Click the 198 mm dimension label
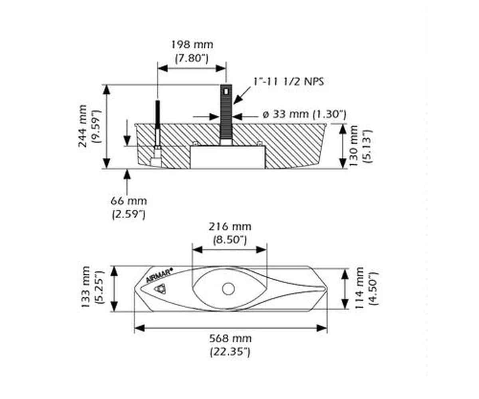point(192,44)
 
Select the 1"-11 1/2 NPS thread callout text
point(289,82)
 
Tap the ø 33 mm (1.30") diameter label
point(304,114)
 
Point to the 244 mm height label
point(83,126)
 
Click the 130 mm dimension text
point(353,146)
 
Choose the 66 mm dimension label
point(129,201)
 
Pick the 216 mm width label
point(230,227)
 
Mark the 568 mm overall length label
point(230,338)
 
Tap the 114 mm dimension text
point(359,288)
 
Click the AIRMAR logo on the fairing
point(159,275)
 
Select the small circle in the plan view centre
point(228,289)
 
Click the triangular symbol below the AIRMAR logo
point(160,289)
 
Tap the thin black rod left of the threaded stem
point(158,115)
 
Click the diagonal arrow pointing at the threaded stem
point(242,95)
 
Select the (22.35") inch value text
point(230,352)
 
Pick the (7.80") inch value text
point(192,58)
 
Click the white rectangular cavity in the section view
point(228,157)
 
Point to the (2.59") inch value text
point(129,214)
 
